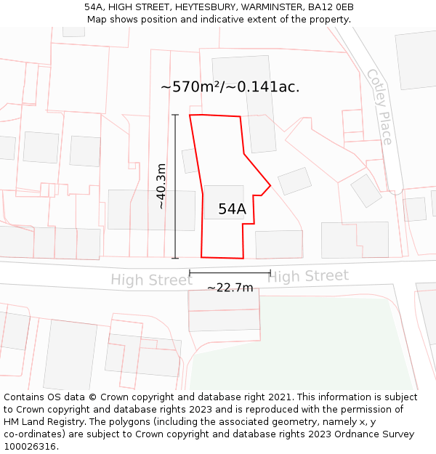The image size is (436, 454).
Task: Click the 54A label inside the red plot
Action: (232, 209)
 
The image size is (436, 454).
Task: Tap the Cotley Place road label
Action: (379, 107)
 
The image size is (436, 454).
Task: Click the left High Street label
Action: (151, 280)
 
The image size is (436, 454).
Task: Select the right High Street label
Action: (308, 276)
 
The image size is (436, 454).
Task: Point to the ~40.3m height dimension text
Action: (161, 186)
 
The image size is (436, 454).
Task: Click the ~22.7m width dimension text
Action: (230, 288)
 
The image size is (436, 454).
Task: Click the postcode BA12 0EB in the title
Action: (331, 7)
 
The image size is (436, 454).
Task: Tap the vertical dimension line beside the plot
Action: (175, 186)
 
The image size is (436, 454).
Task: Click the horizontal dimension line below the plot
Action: (230, 273)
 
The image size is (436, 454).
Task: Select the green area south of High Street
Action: (327, 349)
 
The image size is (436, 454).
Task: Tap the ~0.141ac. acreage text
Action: (268, 87)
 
